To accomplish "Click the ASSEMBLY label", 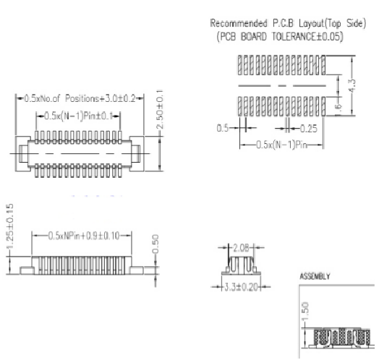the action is [x=315, y=276].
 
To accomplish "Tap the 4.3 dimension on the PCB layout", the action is [x=352, y=85].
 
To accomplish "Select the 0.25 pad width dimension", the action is [x=309, y=129].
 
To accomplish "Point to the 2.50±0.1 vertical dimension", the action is [x=161, y=109].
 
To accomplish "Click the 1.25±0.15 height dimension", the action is [x=10, y=226].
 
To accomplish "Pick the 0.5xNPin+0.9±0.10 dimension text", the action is [x=84, y=236].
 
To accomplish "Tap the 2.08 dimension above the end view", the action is [x=241, y=248].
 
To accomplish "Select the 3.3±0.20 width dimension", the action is [x=241, y=287].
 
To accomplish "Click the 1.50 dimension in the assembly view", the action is [x=305, y=311].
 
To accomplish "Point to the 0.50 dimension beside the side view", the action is [x=156, y=244].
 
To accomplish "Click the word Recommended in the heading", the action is [x=239, y=23].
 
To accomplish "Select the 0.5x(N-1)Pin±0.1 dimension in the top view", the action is [x=79, y=116].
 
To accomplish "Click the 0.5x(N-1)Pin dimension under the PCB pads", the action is [x=281, y=145].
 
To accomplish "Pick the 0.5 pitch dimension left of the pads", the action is [x=222, y=128].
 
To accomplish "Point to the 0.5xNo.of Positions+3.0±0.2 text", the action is [x=80, y=98].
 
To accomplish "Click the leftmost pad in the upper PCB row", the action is [x=240, y=65].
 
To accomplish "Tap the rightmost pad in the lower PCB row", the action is [x=323, y=106].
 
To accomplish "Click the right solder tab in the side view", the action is [x=137, y=270].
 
